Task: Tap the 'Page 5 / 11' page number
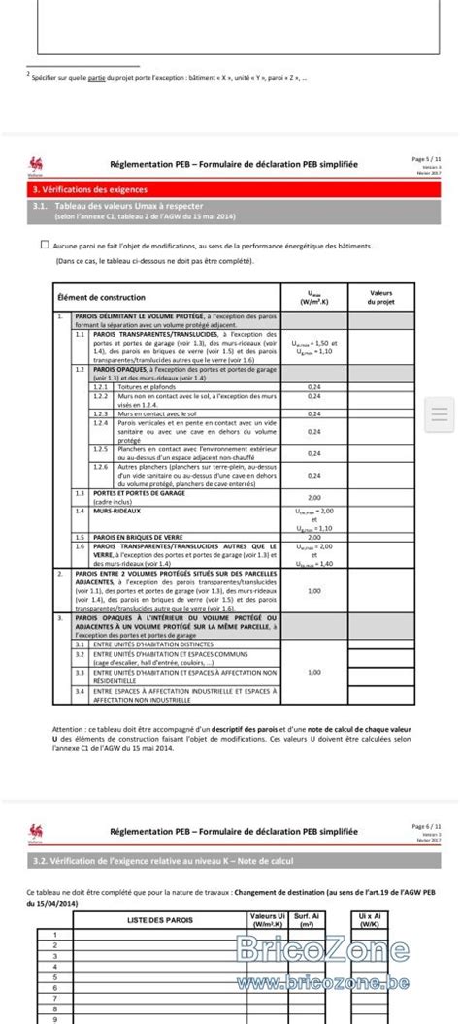[427, 157]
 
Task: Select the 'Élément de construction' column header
[101, 297]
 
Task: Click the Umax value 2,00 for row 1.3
[314, 496]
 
